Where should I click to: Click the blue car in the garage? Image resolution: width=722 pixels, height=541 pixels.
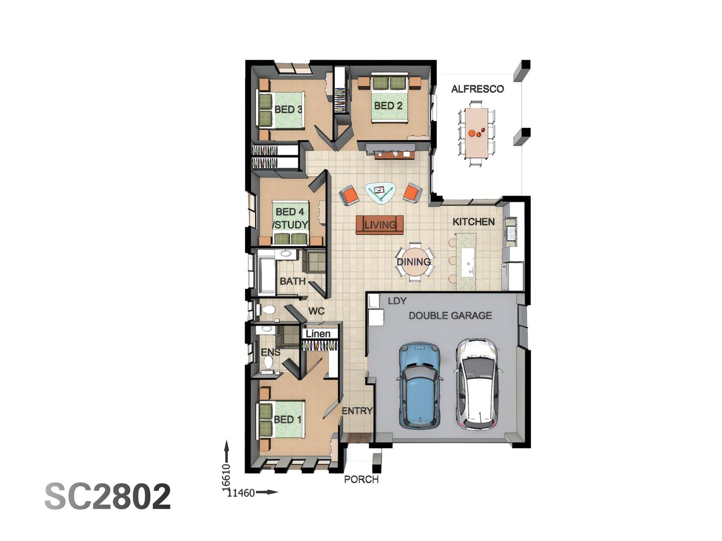coord(420,386)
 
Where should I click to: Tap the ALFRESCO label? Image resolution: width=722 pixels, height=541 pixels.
coord(477,89)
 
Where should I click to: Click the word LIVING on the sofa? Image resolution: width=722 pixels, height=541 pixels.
coord(380,225)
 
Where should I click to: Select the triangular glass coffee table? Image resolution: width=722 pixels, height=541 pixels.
coord(380,192)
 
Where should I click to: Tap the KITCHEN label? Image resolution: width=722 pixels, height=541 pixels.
coord(473,221)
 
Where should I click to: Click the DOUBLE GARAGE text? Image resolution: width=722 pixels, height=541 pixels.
coord(450,316)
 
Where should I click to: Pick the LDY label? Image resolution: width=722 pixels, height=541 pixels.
coord(397,301)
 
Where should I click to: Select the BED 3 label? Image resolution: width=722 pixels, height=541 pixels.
coord(288,109)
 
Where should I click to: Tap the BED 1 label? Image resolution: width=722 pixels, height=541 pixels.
coord(287,419)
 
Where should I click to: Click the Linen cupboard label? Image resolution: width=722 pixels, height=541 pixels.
coord(318,334)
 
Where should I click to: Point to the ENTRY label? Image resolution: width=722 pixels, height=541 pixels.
coord(357,411)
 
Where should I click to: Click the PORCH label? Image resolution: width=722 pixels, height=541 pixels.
coord(361,479)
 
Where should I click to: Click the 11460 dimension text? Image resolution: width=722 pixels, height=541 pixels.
coord(241,493)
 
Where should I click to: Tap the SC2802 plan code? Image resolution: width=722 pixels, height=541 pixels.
coord(108,496)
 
